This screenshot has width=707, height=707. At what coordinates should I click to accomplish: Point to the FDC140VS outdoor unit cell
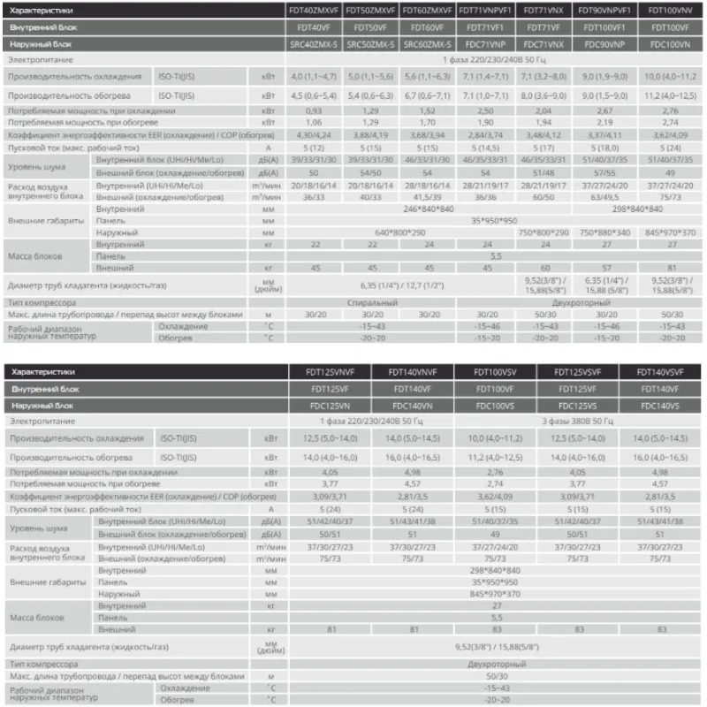[x=654, y=406]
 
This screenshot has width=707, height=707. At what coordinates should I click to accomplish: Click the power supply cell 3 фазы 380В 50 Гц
[x=581, y=422]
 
